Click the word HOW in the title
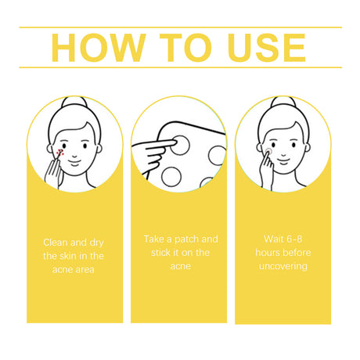pyautogui.click(x=99, y=48)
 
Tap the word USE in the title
pyautogui.click(x=267, y=48)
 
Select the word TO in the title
pyautogui.click(x=185, y=48)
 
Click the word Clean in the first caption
pyautogui.click(x=56, y=243)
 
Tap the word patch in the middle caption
pyautogui.click(x=185, y=239)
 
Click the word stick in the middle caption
pyautogui.click(x=160, y=253)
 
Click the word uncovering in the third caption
pyautogui.click(x=283, y=266)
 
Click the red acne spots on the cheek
pyautogui.click(x=60, y=153)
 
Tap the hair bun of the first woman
pyautogui.click(x=74, y=102)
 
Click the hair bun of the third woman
pyautogui.click(x=283, y=102)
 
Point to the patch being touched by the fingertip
pyautogui.click(x=180, y=145)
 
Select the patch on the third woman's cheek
pyautogui.click(x=268, y=151)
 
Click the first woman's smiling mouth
pyautogui.click(x=75, y=162)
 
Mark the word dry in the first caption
pyautogui.click(x=97, y=243)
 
